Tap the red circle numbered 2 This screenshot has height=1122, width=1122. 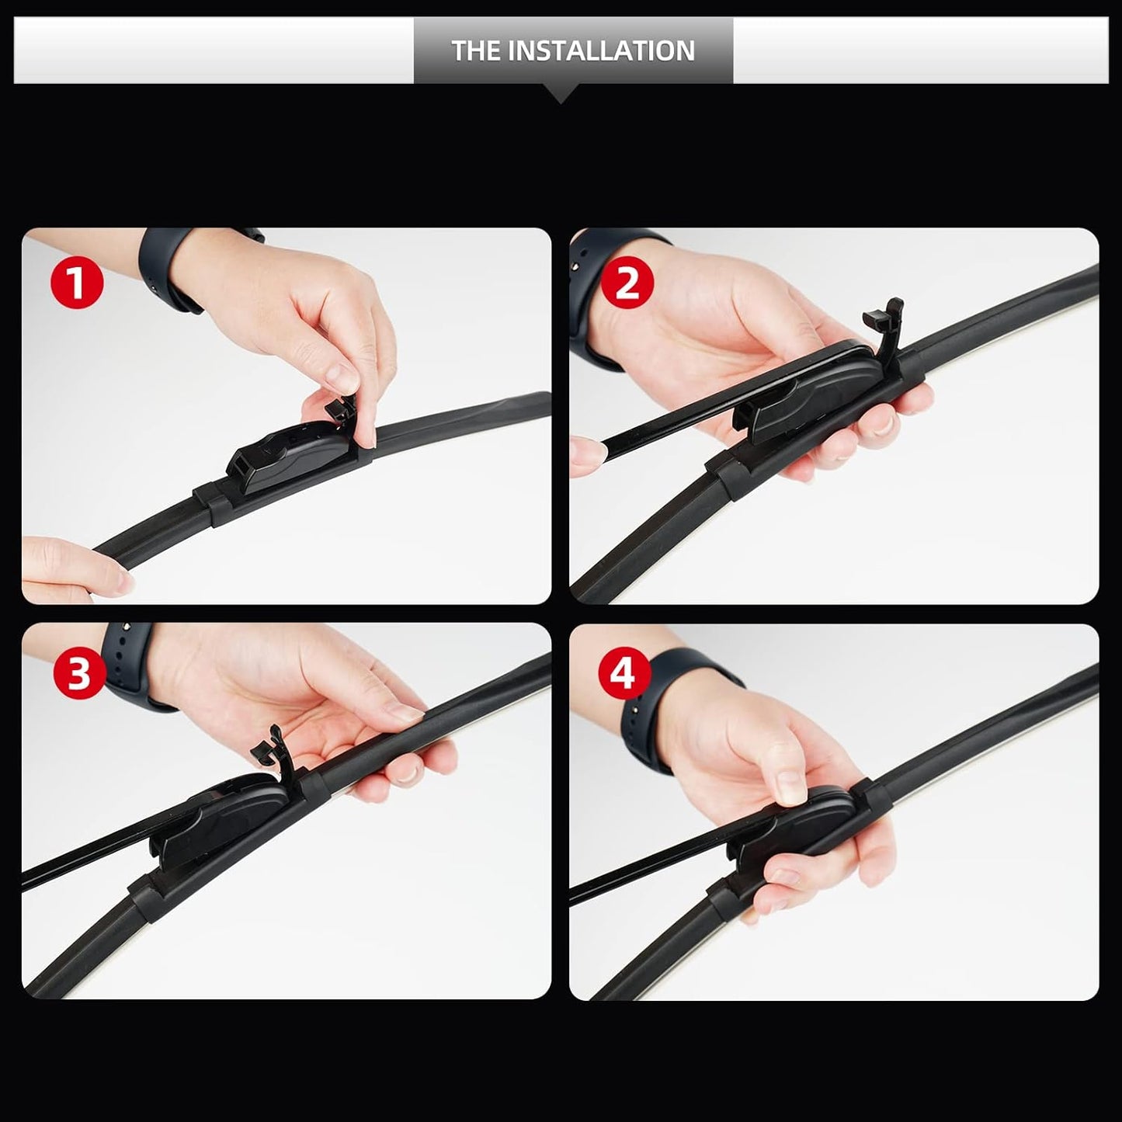pyautogui.click(x=627, y=283)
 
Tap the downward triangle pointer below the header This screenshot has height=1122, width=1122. pyautogui.click(x=561, y=94)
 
